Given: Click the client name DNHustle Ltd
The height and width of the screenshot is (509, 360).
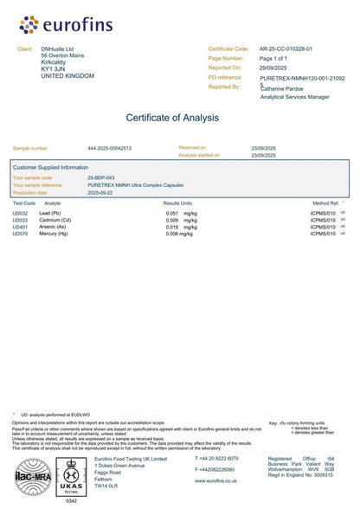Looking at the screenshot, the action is [x=57, y=49].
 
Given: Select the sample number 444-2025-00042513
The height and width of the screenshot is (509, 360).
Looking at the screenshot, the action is [x=110, y=149].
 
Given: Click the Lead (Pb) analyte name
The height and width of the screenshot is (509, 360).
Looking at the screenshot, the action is [x=50, y=213].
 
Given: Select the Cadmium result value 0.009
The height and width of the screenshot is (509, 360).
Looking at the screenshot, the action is [x=172, y=220].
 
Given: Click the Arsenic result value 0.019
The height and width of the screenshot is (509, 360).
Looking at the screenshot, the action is [x=172, y=227].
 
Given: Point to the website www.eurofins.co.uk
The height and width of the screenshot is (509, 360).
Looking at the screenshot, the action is [x=216, y=480].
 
